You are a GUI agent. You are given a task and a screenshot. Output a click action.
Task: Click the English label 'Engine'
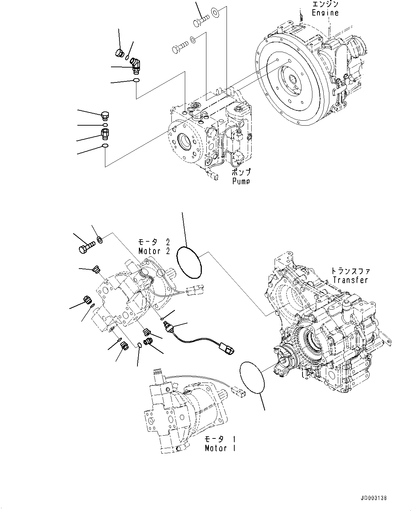(x=325, y=13)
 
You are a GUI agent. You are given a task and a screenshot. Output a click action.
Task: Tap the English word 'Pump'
(x=241, y=181)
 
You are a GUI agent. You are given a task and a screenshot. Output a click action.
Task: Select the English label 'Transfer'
(x=350, y=280)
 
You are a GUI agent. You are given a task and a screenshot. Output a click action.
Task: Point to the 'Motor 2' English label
(x=154, y=251)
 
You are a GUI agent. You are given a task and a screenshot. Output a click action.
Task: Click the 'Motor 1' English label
(x=221, y=448)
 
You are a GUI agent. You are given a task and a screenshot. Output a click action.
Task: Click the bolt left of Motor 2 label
(x=87, y=247)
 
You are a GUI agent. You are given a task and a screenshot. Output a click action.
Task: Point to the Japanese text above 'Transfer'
(x=350, y=271)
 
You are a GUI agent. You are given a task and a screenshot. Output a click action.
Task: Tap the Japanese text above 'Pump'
(x=241, y=173)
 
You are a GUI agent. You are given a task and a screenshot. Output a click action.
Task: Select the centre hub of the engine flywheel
(x=293, y=80)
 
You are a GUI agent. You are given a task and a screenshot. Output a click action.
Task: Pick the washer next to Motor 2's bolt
(x=100, y=240)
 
